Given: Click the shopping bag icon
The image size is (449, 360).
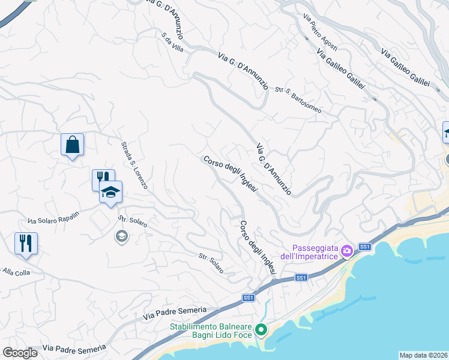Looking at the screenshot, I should tap(72, 145).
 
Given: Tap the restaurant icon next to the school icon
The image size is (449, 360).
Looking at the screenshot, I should tap(101, 178).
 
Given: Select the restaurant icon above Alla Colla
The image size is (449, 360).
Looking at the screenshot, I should tap(26, 244).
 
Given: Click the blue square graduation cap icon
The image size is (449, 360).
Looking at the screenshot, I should tap(110, 193).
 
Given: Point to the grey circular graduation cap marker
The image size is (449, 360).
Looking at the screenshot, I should tap(122, 236).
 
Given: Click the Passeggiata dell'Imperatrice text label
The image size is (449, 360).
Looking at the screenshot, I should tap(314, 253).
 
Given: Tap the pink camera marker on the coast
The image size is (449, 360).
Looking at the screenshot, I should tap(346, 251).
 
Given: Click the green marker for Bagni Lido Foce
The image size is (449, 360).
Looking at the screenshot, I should tap(261, 329).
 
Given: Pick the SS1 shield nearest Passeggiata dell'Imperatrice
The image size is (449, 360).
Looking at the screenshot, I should tap(365, 247).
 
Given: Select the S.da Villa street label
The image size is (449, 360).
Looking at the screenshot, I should tap(172, 44).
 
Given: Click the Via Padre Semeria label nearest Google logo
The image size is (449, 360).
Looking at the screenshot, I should tap(74, 348).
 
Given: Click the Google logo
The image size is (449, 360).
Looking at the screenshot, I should tap(19, 353).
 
